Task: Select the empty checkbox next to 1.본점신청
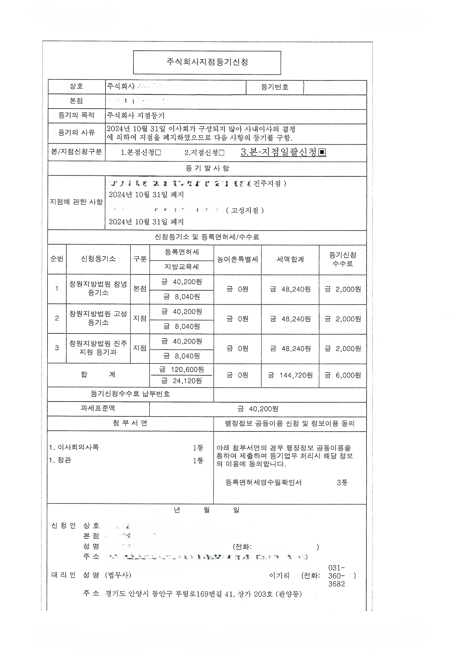(158, 153)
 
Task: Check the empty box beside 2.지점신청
(222, 153)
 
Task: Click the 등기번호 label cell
(275, 87)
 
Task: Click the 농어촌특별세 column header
(237, 259)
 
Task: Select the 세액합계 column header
(290, 259)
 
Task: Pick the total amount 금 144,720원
(290, 375)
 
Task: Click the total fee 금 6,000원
(343, 375)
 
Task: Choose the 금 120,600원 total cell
(181, 369)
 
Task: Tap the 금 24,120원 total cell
(181, 381)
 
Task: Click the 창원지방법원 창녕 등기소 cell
(98, 289)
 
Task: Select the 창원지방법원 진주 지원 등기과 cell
(98, 348)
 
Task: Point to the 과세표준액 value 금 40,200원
(258, 409)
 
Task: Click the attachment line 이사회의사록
(78, 447)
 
